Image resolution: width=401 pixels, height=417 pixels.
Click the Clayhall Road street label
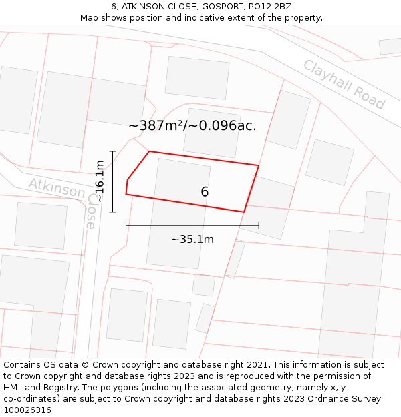[344, 85]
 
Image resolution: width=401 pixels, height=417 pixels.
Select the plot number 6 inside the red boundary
[205, 192]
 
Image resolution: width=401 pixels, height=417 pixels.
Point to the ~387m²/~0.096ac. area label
[192, 125]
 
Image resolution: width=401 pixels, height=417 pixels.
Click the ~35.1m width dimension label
[192, 239]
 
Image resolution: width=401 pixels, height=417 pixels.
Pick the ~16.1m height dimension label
[100, 181]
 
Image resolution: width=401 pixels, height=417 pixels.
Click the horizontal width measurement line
[192, 226]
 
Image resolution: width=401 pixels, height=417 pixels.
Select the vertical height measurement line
[113, 181]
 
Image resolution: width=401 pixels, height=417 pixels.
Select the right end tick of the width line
[259, 226]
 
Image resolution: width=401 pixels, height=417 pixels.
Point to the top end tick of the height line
[113, 151]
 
